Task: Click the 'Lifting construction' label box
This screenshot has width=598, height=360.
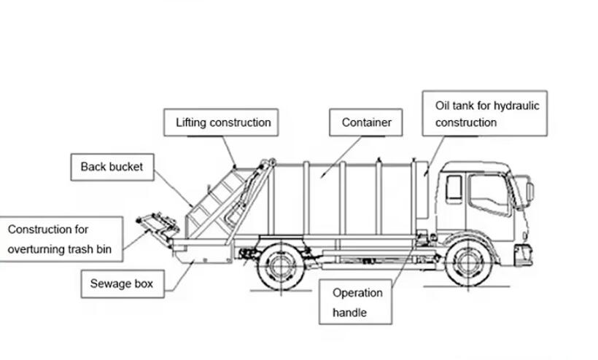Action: coord(222,122)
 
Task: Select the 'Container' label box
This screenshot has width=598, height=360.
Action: coord(366,122)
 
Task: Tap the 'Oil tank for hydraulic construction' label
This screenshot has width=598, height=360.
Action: coord(486,114)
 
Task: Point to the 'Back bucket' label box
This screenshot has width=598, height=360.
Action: coord(112,167)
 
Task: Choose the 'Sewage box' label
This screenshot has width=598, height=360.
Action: coord(122,283)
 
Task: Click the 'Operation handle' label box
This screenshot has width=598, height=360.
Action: coord(357,302)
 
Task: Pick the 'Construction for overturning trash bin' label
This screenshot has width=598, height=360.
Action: coord(60,240)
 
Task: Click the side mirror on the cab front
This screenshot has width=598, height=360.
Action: coord(529,191)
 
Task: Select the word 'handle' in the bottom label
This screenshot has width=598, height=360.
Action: coord(349,313)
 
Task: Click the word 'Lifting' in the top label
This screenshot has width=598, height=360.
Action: coord(191,122)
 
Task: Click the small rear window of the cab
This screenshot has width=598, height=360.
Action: coord(454,189)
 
